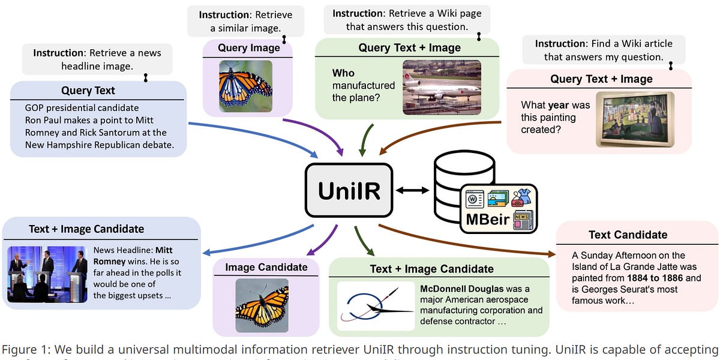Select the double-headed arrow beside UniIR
click(x=412, y=190)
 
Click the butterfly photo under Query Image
click(x=245, y=83)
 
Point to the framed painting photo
click(x=634, y=119)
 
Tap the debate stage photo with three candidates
click(x=47, y=273)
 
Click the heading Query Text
click(x=88, y=91)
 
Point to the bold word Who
click(x=343, y=73)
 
